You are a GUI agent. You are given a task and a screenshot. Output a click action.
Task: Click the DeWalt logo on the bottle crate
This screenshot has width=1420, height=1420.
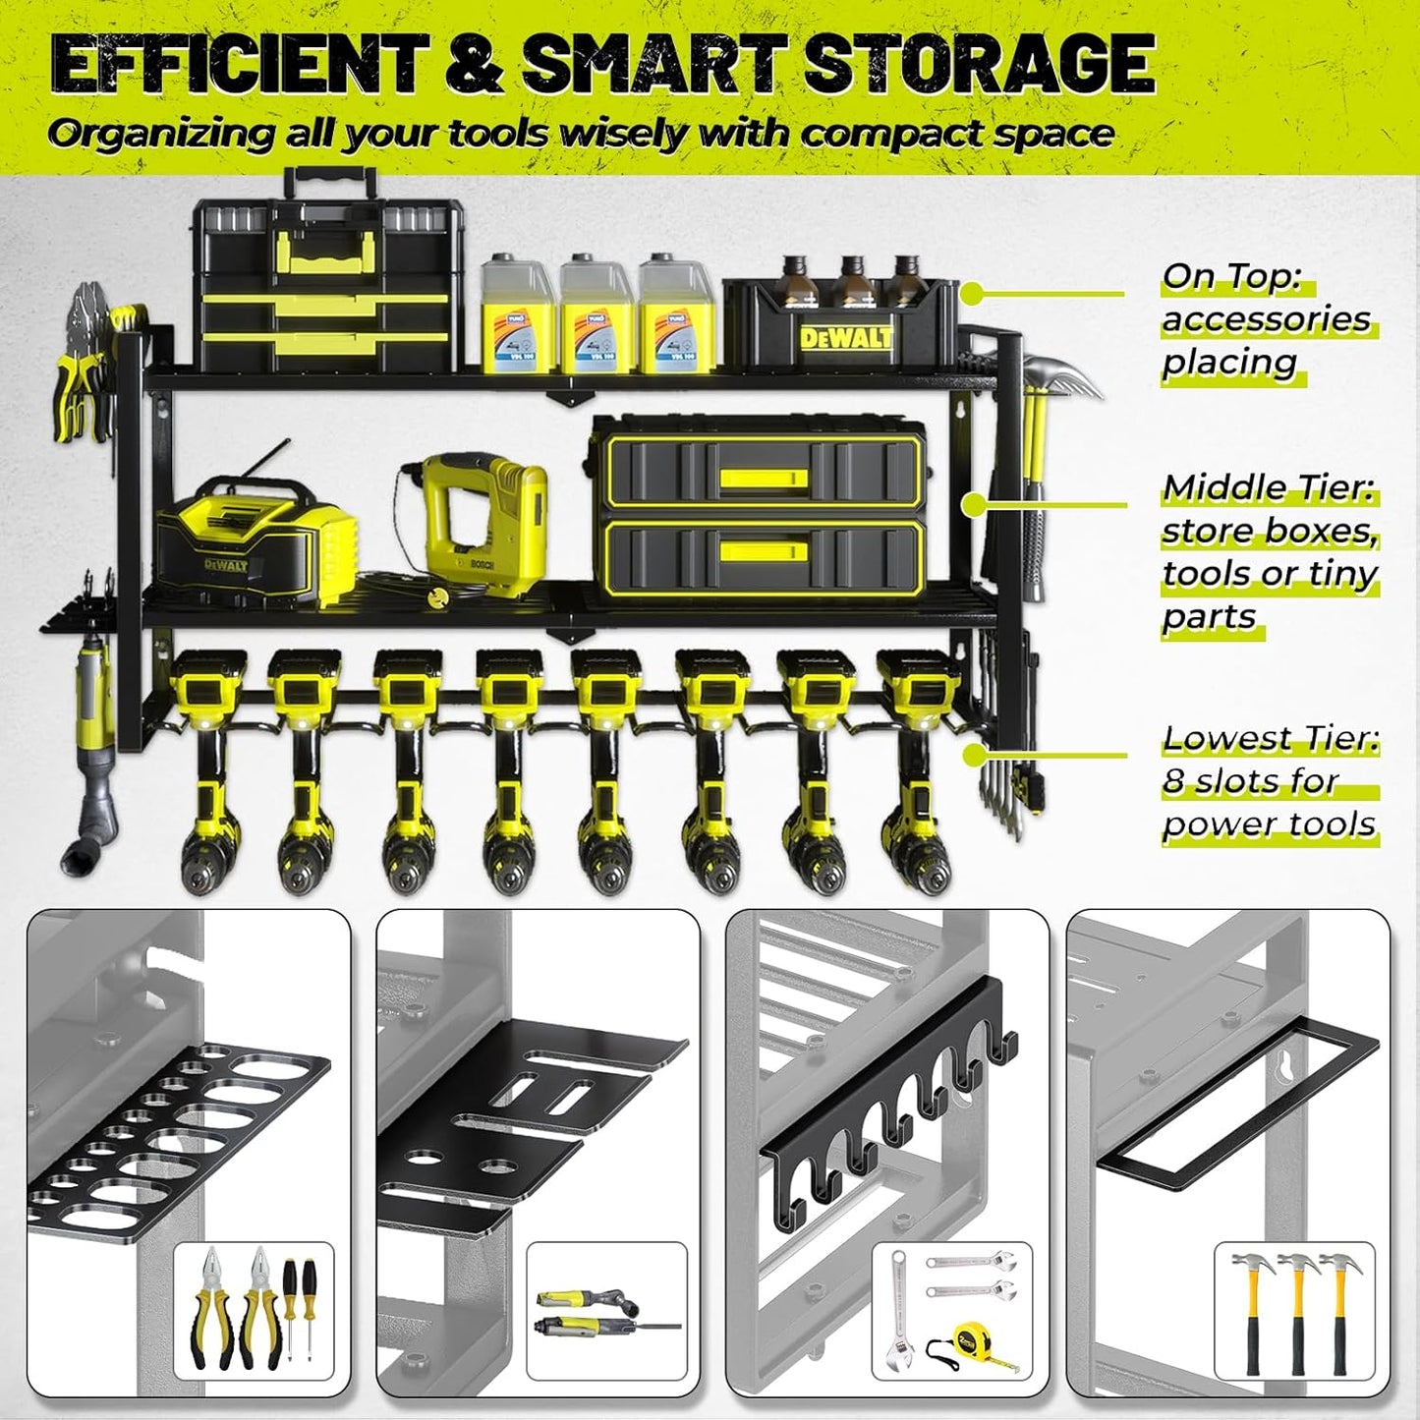(x=846, y=339)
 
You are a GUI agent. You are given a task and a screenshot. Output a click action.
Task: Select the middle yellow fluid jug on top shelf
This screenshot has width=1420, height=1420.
(x=596, y=316)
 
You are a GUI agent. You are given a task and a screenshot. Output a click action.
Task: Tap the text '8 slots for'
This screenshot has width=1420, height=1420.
(x=1250, y=781)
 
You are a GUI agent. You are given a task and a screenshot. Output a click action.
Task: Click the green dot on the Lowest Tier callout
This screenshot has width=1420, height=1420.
(x=973, y=755)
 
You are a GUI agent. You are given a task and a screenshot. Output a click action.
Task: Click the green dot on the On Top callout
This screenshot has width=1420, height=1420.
(x=972, y=293)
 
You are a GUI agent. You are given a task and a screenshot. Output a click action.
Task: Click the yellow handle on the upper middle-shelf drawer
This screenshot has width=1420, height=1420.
(x=763, y=479)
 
